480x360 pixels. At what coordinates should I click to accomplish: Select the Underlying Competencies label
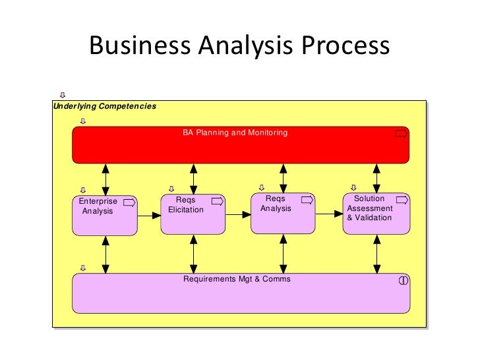(x=104, y=106)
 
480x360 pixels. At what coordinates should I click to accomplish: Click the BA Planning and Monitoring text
(x=235, y=133)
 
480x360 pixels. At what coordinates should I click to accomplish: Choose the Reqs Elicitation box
(x=193, y=214)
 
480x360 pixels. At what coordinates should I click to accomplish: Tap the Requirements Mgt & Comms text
(x=237, y=279)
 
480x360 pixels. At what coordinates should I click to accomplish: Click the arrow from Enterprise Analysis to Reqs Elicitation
(x=149, y=215)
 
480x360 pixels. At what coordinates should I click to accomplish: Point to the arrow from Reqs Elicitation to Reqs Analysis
(x=238, y=214)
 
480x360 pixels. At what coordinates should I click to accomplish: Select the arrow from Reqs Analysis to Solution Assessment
(x=329, y=214)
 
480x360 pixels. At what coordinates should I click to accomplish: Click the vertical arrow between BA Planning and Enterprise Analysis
(x=105, y=179)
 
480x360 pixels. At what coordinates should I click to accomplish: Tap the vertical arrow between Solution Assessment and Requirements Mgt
(x=376, y=254)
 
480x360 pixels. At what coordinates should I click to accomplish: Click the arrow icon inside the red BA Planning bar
(x=401, y=134)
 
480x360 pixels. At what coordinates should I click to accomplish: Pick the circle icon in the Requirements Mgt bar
(x=404, y=280)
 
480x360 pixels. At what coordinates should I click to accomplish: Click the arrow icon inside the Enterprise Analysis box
(x=129, y=202)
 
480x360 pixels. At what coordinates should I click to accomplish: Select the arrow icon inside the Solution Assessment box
(x=401, y=200)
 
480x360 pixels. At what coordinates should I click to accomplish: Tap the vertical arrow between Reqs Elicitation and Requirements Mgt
(x=193, y=254)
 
